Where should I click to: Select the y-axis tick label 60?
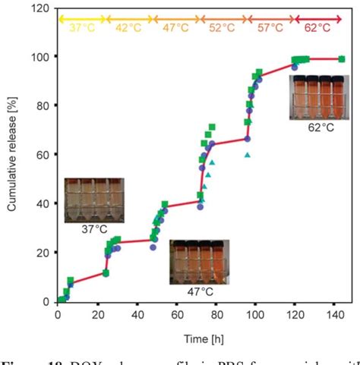[x=43, y=155]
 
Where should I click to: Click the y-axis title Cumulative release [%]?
[x=13, y=155]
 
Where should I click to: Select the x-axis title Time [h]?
[x=201, y=335]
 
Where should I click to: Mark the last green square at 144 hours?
[x=341, y=59]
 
